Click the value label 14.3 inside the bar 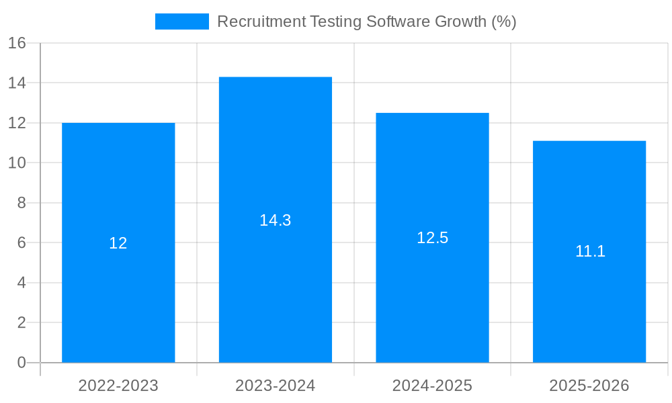[x=276, y=220]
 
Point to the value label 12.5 [x=432, y=238]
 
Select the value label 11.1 [x=590, y=251]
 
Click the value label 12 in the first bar [x=118, y=243]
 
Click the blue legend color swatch [x=181, y=21]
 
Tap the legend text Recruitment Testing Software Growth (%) [x=367, y=21]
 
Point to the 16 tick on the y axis [x=17, y=43]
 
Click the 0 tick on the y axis [x=21, y=363]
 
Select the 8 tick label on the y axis [x=21, y=203]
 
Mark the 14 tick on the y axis [x=17, y=83]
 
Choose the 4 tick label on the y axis [x=21, y=283]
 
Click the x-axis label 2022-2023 [x=118, y=386]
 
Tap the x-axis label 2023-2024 [x=276, y=386]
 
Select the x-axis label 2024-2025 [x=432, y=386]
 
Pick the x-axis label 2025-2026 [x=589, y=386]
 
